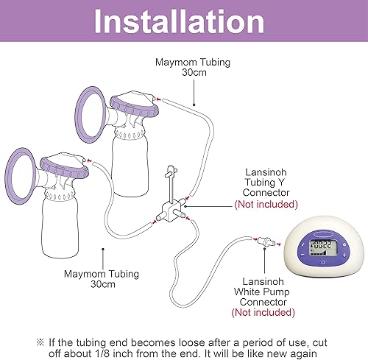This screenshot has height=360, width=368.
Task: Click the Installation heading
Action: tap(184, 23)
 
